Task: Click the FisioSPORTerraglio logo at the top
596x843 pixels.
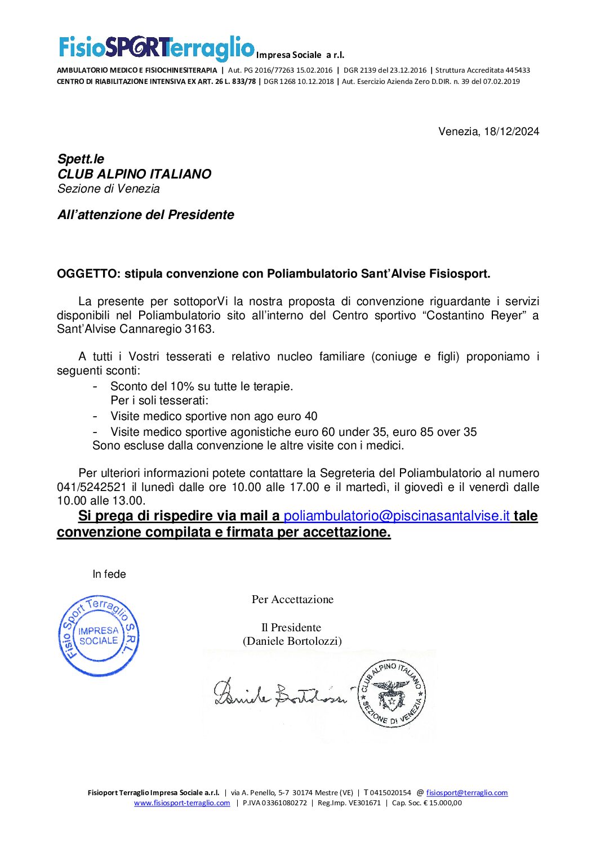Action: [157, 48]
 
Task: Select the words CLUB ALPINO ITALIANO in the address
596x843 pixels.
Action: [134, 174]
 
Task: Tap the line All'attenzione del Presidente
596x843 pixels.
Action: [145, 215]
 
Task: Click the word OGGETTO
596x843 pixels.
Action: [87, 274]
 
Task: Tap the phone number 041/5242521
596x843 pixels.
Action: [92, 487]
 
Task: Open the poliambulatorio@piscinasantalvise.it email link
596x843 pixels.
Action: [397, 516]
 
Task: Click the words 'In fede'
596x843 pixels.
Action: [109, 574]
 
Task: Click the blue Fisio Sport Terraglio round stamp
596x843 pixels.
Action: [99, 636]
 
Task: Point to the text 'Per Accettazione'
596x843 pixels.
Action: [292, 600]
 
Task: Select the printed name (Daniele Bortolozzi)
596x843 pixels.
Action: [292, 641]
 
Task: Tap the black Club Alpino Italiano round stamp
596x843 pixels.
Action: [392, 693]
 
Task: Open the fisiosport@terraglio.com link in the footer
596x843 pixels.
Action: [466, 793]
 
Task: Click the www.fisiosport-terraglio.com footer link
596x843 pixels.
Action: [182, 803]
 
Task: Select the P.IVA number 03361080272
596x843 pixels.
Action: [275, 803]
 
